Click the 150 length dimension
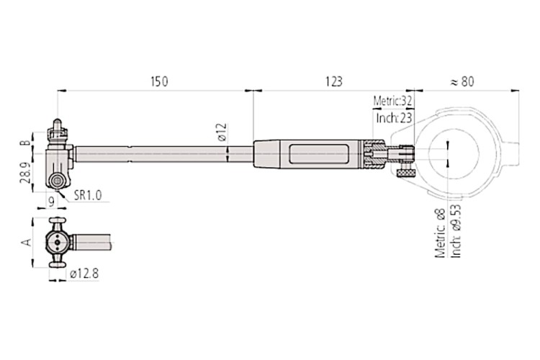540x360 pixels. coord(159,81)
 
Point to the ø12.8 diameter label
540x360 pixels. coord(84,274)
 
